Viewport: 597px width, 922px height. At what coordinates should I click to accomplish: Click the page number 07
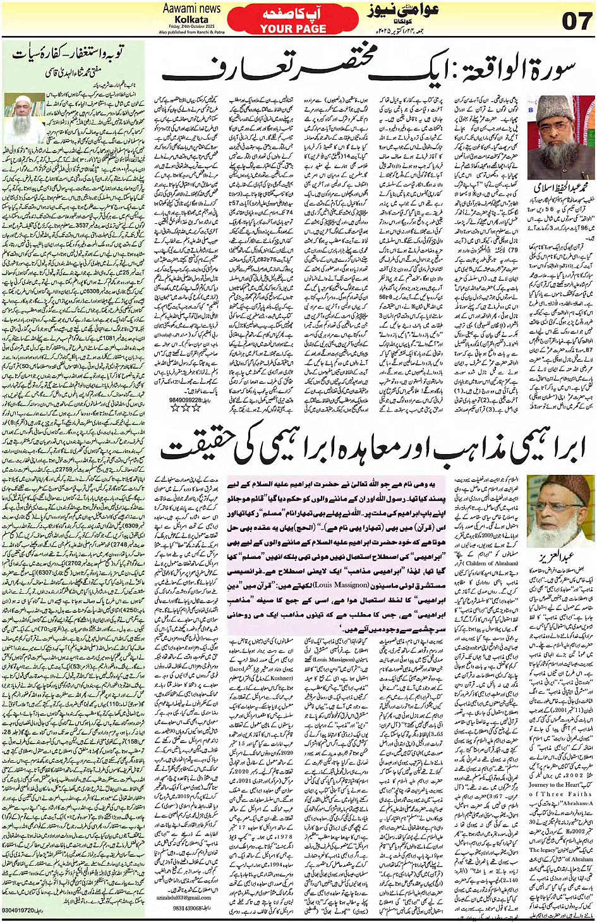576,20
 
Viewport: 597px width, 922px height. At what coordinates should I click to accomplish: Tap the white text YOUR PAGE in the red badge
293,29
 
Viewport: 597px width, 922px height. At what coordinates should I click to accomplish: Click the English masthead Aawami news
191,8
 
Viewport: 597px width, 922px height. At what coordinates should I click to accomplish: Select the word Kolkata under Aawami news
191,19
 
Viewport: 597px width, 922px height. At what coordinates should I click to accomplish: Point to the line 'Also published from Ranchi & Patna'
191,32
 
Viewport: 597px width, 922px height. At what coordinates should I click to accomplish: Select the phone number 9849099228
187,400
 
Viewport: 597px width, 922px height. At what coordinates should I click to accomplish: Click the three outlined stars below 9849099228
186,409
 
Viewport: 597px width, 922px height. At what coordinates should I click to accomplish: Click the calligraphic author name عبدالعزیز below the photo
556,556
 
